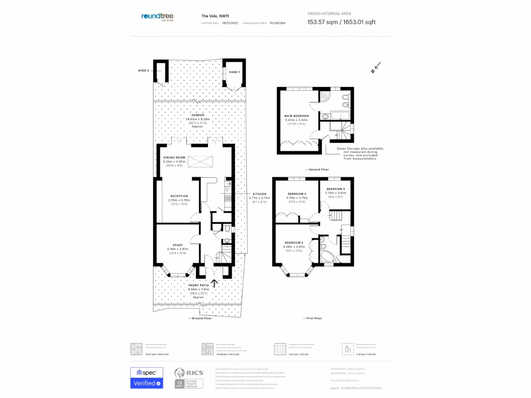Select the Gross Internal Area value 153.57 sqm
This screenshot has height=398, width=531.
(322, 22)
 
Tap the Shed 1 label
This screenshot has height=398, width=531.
(234, 72)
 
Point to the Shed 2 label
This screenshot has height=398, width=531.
(143, 70)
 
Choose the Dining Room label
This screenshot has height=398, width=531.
(174, 157)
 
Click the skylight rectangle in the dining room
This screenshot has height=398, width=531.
(201, 162)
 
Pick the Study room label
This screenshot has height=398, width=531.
(178, 245)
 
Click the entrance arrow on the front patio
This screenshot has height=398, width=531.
(214, 283)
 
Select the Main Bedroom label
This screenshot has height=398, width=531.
(296, 116)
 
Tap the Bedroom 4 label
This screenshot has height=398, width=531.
(335, 189)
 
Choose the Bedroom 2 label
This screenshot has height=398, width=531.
(293, 243)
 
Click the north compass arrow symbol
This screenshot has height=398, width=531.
(376, 67)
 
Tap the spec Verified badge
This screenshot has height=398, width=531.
(146, 378)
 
